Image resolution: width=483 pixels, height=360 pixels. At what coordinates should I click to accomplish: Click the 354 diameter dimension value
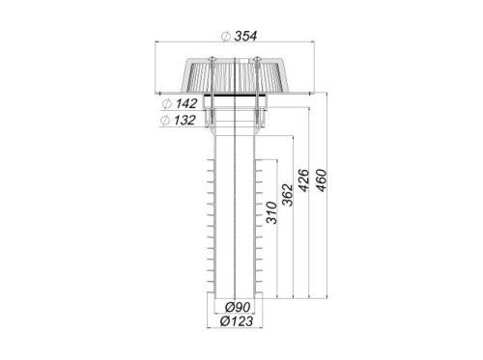(245, 36)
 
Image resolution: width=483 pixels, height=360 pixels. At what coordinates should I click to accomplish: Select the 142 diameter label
(185, 103)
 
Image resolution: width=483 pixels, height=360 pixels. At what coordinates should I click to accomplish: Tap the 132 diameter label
(185, 121)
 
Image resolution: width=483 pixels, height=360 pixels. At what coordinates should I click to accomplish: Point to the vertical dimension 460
(322, 180)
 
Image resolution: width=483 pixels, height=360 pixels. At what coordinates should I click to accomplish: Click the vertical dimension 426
(304, 180)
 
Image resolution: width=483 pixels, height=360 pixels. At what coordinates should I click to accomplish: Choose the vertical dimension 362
(288, 195)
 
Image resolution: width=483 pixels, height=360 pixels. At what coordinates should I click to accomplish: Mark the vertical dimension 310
(271, 212)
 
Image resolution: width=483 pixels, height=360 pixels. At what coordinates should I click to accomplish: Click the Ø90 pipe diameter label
(238, 307)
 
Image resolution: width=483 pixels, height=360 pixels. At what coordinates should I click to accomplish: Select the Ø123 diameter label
(237, 321)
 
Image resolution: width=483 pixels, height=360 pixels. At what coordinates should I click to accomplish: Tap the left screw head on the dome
(213, 59)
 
